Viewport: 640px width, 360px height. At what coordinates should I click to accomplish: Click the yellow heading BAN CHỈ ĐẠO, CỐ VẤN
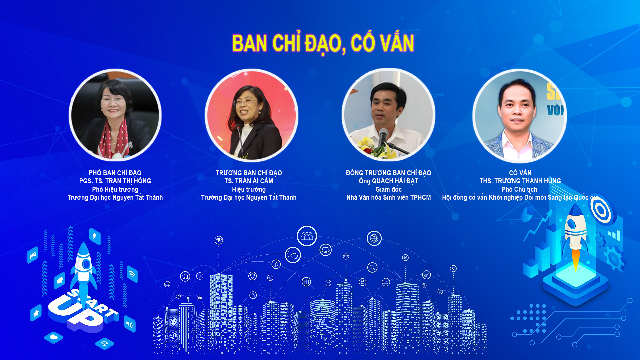(x=323, y=43)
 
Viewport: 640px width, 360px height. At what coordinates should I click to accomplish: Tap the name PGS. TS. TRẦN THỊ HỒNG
(x=115, y=181)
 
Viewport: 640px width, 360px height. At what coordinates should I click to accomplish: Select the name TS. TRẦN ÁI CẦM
(x=249, y=181)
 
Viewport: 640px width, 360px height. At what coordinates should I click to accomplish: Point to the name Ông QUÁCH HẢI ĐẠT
(x=388, y=181)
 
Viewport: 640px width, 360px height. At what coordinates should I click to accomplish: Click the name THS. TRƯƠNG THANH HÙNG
(x=520, y=181)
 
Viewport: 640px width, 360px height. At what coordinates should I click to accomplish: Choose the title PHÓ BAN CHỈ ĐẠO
(x=115, y=173)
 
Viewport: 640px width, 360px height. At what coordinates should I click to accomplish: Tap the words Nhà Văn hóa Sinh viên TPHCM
(x=388, y=197)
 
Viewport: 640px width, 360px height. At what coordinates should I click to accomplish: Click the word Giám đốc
(x=388, y=189)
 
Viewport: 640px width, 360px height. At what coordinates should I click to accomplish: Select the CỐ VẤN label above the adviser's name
(x=520, y=173)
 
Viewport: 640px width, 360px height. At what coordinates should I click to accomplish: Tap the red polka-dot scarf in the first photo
(x=113, y=138)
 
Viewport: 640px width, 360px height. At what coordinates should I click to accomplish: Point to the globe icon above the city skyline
(x=374, y=238)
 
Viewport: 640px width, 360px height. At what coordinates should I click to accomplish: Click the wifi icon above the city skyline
(x=219, y=240)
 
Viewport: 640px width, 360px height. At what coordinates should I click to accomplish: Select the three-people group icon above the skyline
(x=307, y=236)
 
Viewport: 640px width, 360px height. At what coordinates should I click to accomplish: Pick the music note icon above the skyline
(x=276, y=264)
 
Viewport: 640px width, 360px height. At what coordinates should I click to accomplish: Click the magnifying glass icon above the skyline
(x=372, y=267)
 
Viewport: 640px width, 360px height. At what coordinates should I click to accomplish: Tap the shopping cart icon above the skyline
(x=426, y=275)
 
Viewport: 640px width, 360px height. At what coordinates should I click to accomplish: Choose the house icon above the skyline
(x=185, y=276)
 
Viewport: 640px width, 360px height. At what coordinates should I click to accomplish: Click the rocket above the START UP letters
(x=84, y=270)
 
